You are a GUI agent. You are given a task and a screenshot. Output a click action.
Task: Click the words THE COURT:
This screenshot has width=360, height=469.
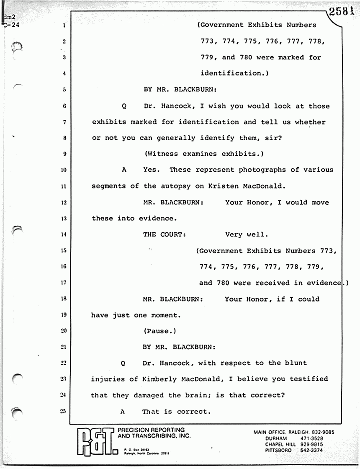click(x=164, y=234)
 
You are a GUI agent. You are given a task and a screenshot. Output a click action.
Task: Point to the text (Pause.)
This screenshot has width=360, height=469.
click(x=160, y=331)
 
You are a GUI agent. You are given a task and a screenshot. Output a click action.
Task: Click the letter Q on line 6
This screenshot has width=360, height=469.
click(x=124, y=106)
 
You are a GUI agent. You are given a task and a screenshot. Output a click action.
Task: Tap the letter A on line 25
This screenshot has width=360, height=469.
click(x=123, y=412)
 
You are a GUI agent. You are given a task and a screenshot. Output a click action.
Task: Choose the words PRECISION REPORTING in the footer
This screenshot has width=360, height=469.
click(x=151, y=430)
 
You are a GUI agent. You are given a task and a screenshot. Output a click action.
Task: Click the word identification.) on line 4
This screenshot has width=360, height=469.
click(x=234, y=73)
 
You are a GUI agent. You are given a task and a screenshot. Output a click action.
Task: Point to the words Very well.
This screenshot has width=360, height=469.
click(x=247, y=234)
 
